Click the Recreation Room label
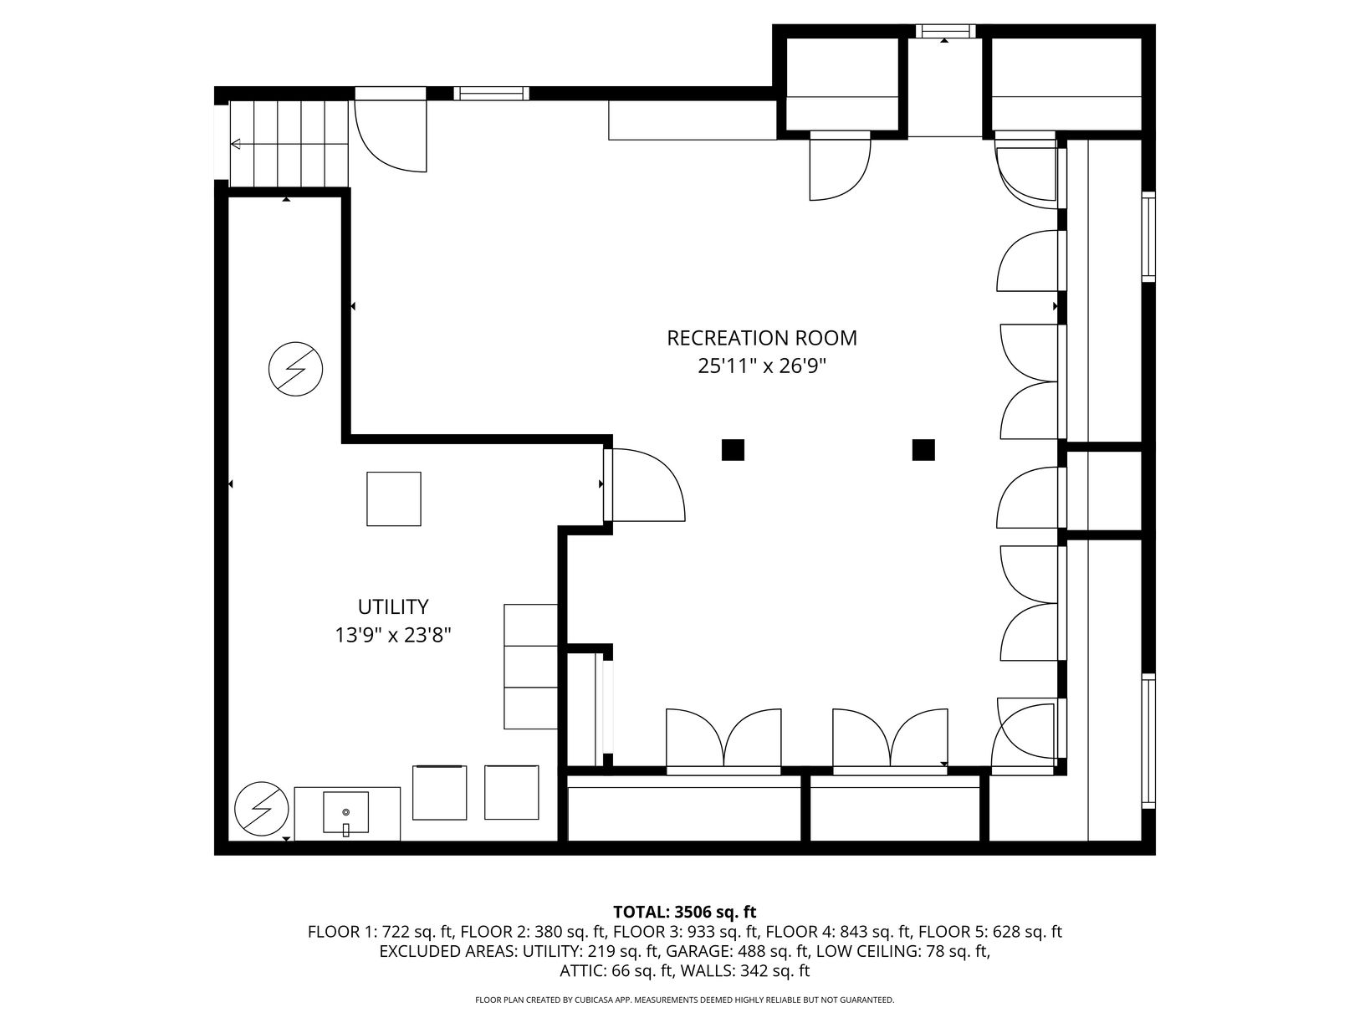pos(761,338)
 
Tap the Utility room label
pos(393,606)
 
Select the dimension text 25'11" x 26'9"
pos(761,366)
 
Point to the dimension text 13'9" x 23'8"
pos(393,636)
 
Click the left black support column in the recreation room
pos(733,450)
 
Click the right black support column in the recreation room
pos(923,450)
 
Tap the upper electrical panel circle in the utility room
pos(296,369)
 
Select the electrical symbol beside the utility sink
pos(262,809)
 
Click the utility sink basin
pos(345,812)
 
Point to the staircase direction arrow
pos(289,144)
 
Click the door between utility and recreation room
pos(644,485)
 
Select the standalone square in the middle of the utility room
pos(394,499)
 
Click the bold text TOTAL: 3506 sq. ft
pos(685,912)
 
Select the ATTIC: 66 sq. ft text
pos(614,971)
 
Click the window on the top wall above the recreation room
pos(491,94)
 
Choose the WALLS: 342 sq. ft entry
pos(744,971)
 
